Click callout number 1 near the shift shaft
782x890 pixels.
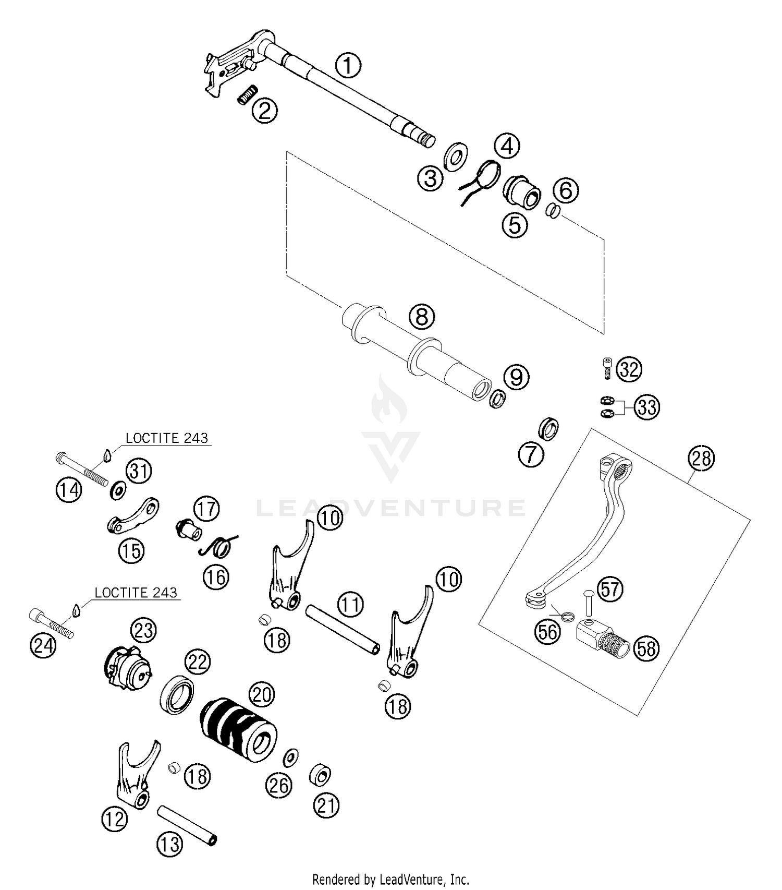pos(348,66)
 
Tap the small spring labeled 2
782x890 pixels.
pos(247,95)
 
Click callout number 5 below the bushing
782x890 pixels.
pos(515,225)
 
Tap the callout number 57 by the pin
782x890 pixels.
pos(609,590)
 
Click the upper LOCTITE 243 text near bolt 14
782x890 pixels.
pos(167,438)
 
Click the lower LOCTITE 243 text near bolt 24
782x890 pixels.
pos(136,593)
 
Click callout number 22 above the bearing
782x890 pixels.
pos(198,662)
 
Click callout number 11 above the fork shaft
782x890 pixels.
pos(350,605)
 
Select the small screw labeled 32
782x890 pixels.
pos(607,368)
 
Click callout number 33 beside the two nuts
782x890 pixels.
pos(646,406)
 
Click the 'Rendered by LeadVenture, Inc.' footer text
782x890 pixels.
pos(390,880)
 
